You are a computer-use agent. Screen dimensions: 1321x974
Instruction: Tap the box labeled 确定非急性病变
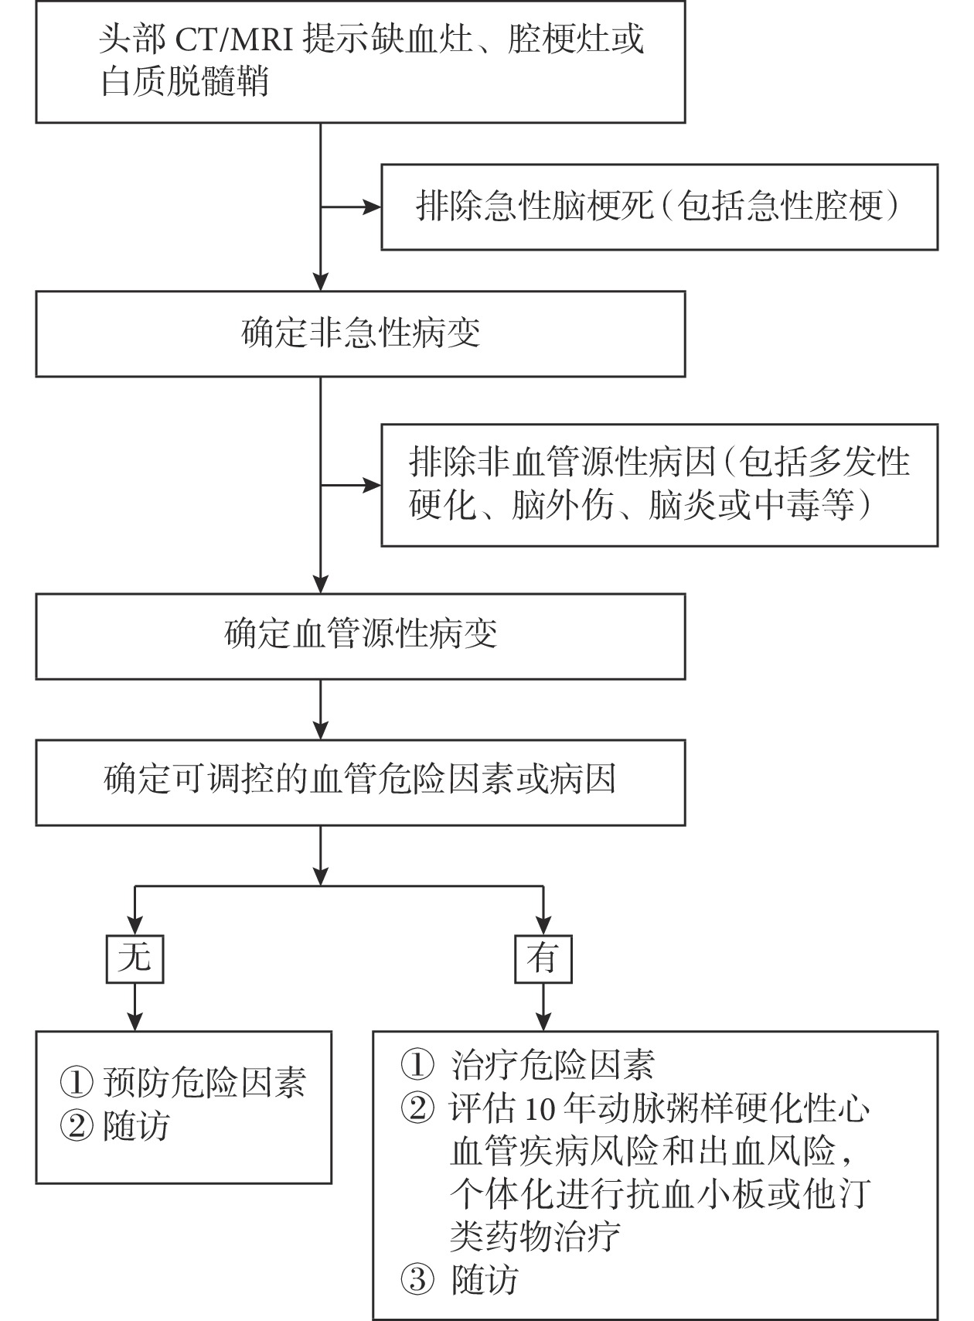pyautogui.click(x=360, y=334)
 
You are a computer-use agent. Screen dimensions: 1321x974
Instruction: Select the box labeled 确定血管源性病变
pyautogui.click(x=360, y=636)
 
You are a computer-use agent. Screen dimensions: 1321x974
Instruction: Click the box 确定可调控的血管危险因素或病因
pyautogui.click(x=360, y=781)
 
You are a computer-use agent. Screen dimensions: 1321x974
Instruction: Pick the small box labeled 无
pyautogui.click(x=135, y=960)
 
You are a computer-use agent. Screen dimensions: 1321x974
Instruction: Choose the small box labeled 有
pyautogui.click(x=543, y=960)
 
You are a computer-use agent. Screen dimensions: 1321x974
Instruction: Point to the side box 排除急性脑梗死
pyautogui.click(x=659, y=207)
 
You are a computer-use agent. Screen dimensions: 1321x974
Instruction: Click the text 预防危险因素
pyautogui.click(x=205, y=1083)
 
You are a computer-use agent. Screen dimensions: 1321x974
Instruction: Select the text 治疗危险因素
pyautogui.click(x=553, y=1065)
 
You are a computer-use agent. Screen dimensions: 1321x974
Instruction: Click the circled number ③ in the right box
pyautogui.click(x=417, y=1280)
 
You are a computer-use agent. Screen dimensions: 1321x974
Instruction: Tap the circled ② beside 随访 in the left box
pyautogui.click(x=76, y=1126)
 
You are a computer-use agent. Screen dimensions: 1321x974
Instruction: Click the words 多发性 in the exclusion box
pyautogui.click(x=859, y=463)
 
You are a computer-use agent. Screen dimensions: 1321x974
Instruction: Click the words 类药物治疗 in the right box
pyautogui.click(x=536, y=1237)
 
